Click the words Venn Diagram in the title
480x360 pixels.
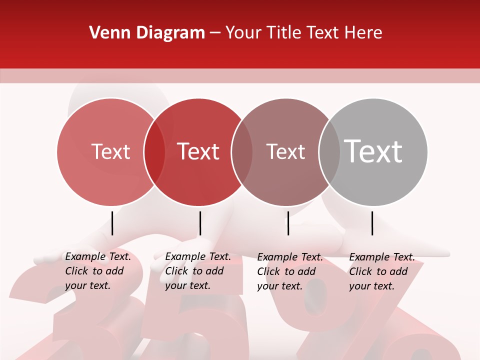(147, 33)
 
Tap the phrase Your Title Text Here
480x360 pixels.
(303, 33)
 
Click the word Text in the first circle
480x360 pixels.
(110, 151)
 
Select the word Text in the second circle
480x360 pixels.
(198, 151)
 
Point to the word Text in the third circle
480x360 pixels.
(285, 151)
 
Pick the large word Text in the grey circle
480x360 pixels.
(373, 151)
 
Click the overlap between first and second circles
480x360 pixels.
(154, 152)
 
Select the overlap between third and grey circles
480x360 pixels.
(329, 152)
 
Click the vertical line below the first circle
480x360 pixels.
(112, 223)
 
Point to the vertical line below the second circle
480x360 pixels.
(200, 223)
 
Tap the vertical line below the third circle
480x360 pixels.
(288, 223)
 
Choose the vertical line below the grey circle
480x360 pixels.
(372, 223)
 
